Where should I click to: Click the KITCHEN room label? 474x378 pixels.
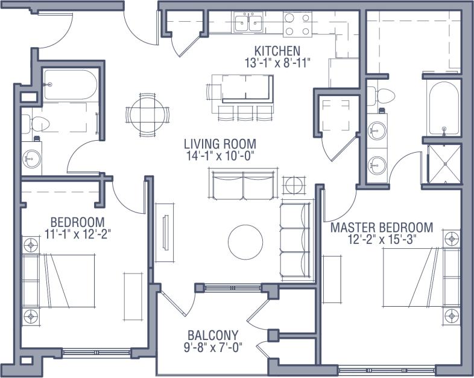(x=277, y=50)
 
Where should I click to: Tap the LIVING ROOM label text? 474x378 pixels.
(x=220, y=144)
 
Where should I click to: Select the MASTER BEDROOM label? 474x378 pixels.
(x=381, y=228)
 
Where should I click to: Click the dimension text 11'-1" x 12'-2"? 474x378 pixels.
(x=78, y=232)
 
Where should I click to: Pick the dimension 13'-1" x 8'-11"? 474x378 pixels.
(x=277, y=62)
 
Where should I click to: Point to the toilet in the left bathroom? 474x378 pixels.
(x=37, y=124)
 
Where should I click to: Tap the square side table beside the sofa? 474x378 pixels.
(x=294, y=185)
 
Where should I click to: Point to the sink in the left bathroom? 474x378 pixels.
(x=31, y=159)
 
